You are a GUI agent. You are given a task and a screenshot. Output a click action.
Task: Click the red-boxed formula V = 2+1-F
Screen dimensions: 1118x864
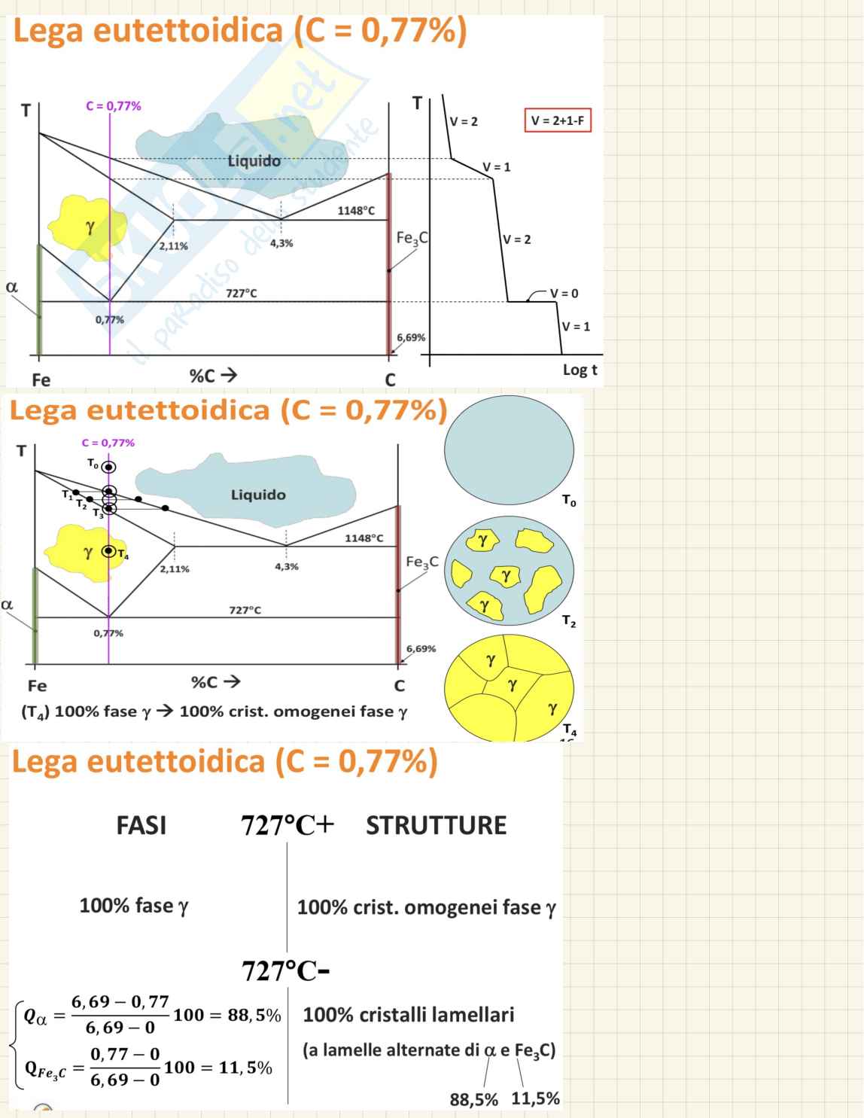tap(557, 120)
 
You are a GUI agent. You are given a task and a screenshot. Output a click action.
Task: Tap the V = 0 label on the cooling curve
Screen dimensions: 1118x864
tap(564, 294)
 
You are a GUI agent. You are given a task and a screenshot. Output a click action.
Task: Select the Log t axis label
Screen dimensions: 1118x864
tap(580, 370)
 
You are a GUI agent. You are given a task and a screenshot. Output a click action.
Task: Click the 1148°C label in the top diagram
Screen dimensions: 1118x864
tap(355, 211)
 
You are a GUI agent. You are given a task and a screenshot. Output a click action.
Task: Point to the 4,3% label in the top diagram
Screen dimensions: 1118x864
tap(281, 243)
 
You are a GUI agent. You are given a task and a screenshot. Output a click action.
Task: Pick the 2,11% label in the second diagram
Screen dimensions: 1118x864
tap(175, 569)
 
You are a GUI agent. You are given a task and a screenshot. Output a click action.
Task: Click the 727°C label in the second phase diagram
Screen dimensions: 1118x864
tap(245, 610)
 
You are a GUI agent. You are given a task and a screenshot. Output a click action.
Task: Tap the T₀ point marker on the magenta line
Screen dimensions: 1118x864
tap(109, 468)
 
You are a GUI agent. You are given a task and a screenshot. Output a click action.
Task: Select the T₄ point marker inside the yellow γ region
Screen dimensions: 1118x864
tap(109, 551)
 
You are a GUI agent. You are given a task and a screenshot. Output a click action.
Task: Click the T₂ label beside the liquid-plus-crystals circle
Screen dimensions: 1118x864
tap(569, 622)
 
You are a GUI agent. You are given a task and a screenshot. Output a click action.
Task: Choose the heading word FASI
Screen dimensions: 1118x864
tap(141, 825)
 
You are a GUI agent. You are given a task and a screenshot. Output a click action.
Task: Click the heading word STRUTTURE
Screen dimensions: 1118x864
tap(436, 825)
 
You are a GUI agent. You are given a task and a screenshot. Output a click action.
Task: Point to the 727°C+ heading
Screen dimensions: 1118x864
tap(287, 825)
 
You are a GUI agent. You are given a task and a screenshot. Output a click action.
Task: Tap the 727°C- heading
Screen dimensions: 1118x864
tap(286, 971)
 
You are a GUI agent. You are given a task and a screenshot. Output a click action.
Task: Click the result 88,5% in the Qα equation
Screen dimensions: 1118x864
tap(254, 1015)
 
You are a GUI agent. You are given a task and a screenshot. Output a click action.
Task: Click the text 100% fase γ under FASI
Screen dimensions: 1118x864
tap(134, 906)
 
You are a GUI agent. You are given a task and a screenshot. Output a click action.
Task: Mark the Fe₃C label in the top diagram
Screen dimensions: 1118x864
tap(412, 239)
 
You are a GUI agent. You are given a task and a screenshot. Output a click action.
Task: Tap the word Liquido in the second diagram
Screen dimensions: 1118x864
tap(258, 495)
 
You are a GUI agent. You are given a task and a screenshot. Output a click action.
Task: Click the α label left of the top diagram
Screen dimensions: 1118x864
tap(11, 287)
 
